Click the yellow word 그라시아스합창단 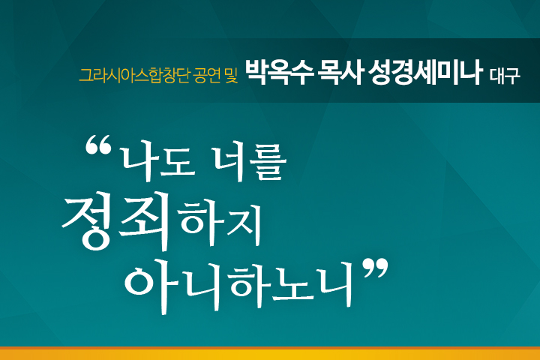pos(134,76)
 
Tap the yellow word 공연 pos(206,76)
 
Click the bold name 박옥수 pos(279,72)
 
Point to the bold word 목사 pos(340,72)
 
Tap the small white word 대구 pos(505,76)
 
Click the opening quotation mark pos(98,144)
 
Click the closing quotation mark pos(376,268)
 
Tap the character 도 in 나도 pos(178,163)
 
